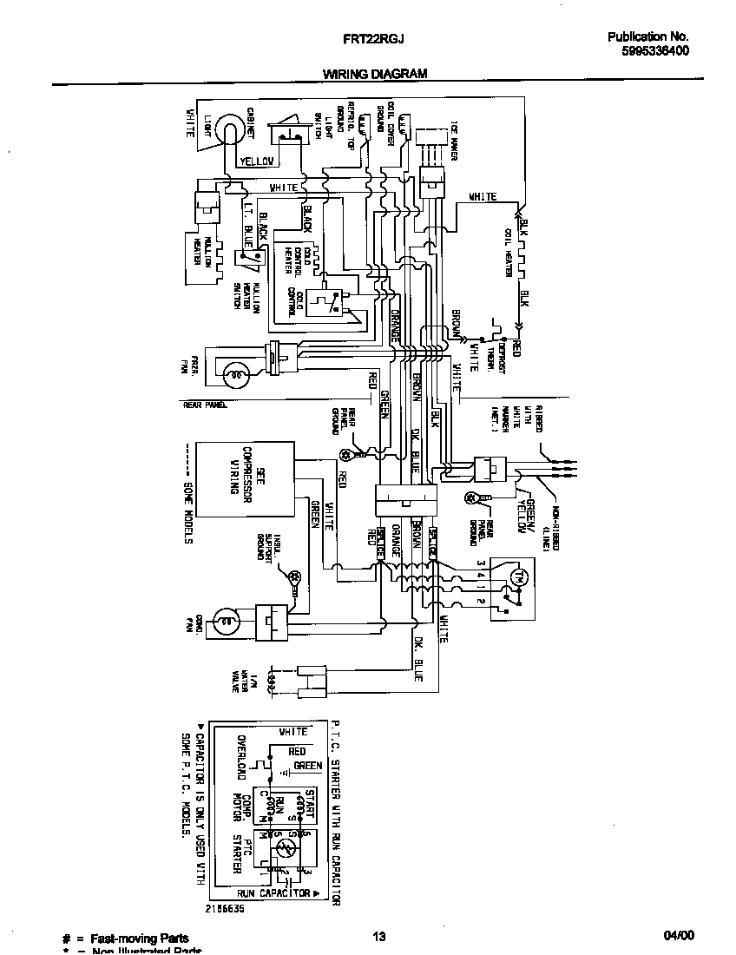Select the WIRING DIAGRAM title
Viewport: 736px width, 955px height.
pyautogui.click(x=375, y=74)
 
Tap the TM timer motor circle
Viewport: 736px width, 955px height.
pyautogui.click(x=521, y=576)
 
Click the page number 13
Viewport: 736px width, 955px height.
pyautogui.click(x=378, y=936)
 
